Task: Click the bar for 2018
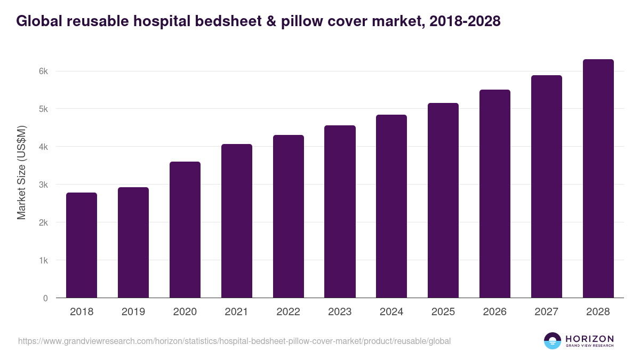82,245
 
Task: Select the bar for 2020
185,230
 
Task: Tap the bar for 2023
340,212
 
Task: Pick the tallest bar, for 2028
598,179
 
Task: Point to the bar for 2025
443,201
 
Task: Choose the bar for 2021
237,221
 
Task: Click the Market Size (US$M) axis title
22,173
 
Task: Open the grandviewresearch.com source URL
235,341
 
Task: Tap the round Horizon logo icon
553,341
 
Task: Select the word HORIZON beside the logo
589,338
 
